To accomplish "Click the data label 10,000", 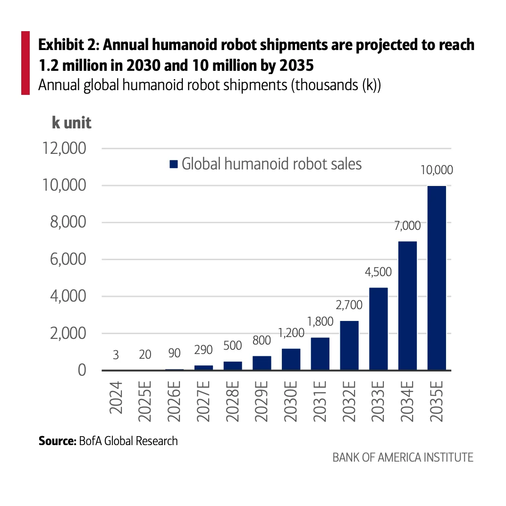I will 437,170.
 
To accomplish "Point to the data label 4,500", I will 378,272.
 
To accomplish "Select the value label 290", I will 203,350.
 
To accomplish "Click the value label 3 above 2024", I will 116,355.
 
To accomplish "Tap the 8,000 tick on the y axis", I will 68,222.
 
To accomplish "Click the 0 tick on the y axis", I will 82,370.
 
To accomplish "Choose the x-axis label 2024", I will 116,399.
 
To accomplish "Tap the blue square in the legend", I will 173,164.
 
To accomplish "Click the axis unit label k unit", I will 71,123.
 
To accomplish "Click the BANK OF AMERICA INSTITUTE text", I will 403,457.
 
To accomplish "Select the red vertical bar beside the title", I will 25,62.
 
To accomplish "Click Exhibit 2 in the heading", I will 67,45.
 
